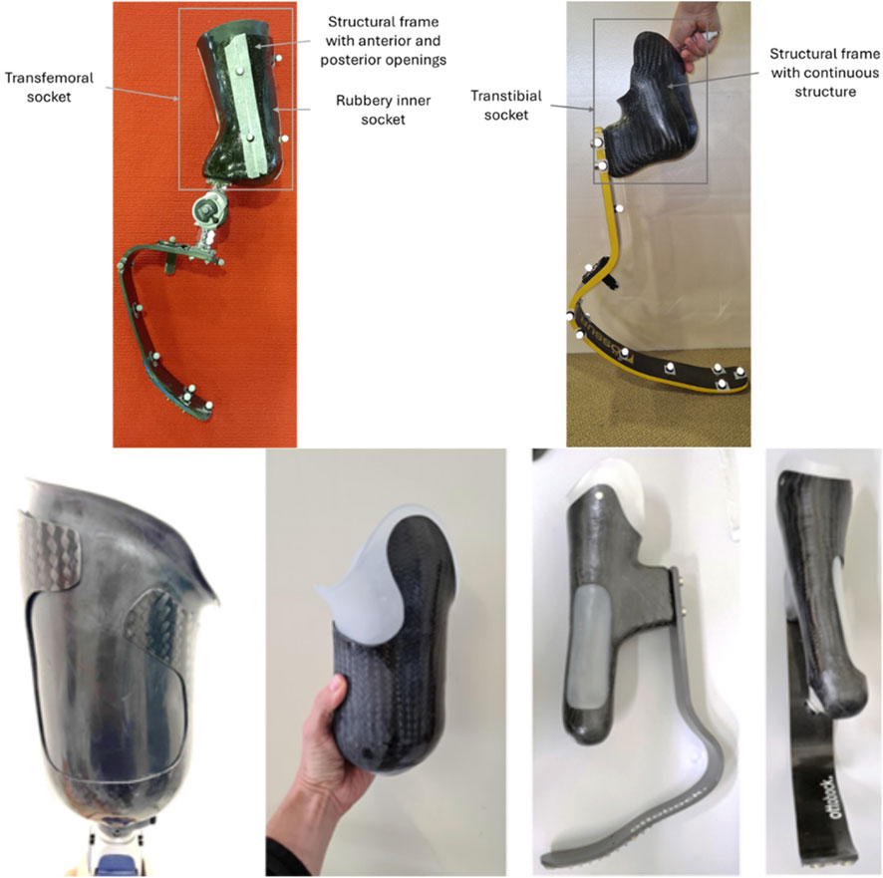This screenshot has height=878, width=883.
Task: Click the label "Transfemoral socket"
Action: pos(49,88)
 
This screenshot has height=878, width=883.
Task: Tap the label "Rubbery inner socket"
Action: pos(383,110)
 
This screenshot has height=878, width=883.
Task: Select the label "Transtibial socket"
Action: pos(505,106)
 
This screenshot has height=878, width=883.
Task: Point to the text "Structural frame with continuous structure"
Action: pos(825,73)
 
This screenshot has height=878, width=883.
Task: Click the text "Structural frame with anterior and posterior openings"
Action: pos(383,41)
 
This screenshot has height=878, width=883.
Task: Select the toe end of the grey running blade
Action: pos(545,859)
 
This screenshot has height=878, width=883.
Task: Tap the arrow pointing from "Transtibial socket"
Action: pos(572,108)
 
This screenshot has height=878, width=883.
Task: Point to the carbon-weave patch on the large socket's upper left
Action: pos(50,550)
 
